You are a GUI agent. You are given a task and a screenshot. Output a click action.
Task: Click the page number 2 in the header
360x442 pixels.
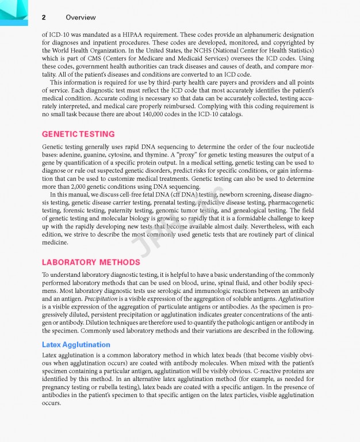pyautogui.click(x=44, y=18)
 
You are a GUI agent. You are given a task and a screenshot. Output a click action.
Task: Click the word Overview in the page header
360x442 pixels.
pyautogui.click(x=81, y=18)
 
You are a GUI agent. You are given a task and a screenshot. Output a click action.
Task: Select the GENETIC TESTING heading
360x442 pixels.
pyautogui.click(x=78, y=134)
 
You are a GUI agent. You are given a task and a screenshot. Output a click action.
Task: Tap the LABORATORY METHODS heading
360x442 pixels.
pyautogui.click(x=91, y=262)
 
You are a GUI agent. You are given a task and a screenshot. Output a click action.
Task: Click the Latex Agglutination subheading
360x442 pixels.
pyautogui.click(x=76, y=344)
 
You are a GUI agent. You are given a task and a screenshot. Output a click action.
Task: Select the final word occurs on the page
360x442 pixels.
pyautogui.click(x=51, y=403)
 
